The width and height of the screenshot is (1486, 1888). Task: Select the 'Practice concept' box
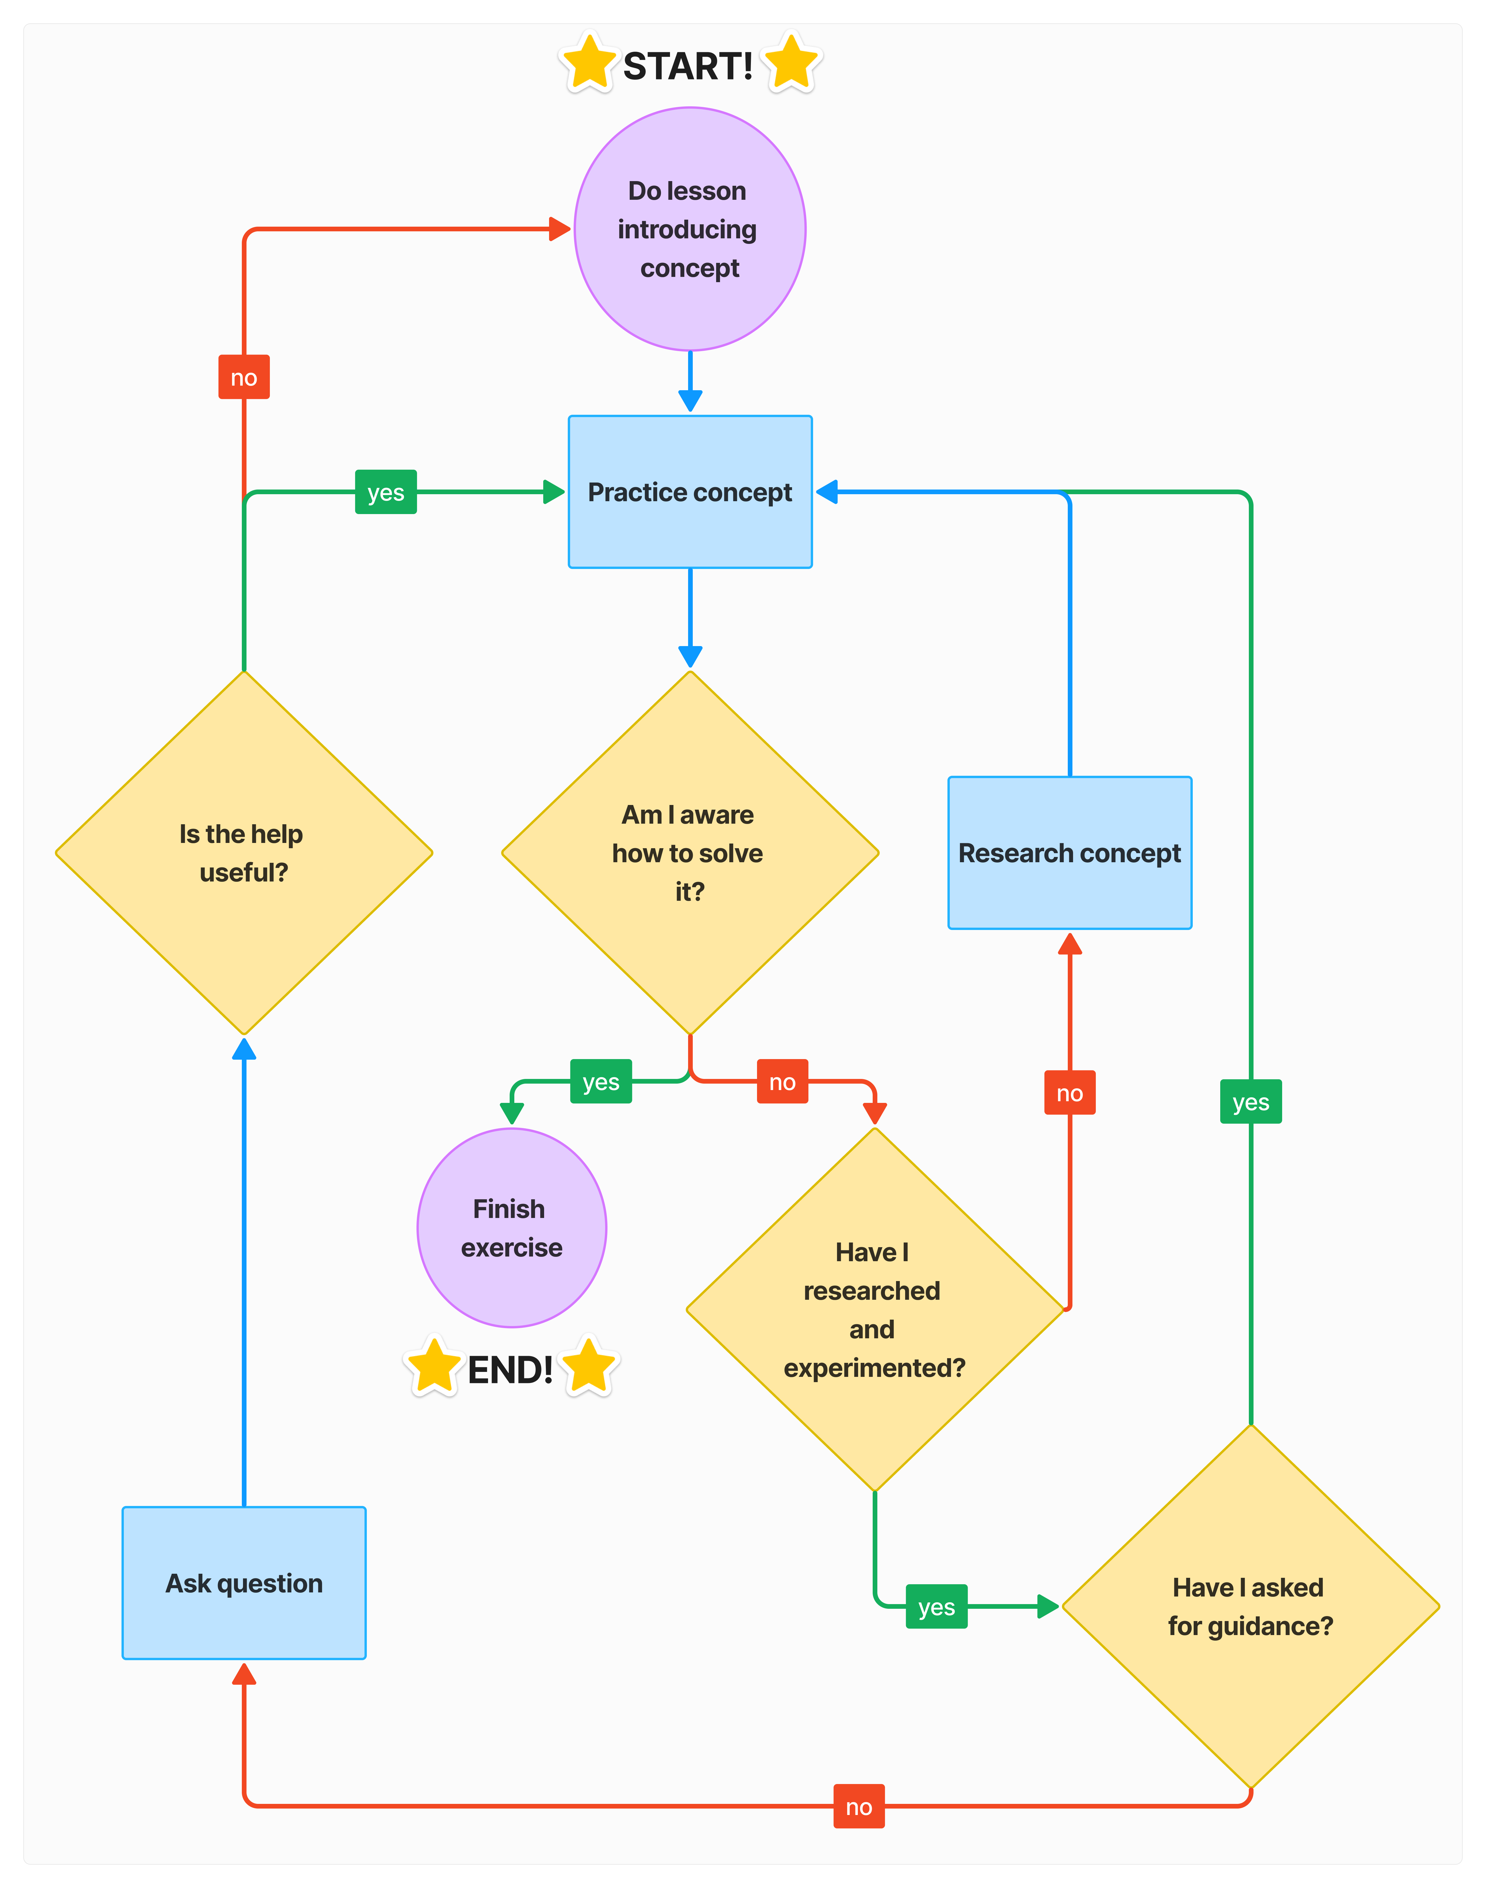(690, 492)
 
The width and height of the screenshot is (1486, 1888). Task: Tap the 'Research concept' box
(1069, 853)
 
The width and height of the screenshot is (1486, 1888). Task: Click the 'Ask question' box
(244, 1582)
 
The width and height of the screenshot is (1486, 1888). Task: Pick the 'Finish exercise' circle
(512, 1228)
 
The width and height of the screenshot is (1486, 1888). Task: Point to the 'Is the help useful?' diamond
(244, 853)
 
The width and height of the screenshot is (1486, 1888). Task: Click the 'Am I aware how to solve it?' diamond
(690, 853)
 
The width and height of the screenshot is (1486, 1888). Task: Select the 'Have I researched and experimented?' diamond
(874, 1309)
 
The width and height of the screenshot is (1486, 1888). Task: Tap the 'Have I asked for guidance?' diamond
(1250, 1606)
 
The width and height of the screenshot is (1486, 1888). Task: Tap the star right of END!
(589, 1366)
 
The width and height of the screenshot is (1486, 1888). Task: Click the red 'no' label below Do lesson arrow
(244, 377)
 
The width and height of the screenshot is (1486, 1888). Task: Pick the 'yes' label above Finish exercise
(600, 1082)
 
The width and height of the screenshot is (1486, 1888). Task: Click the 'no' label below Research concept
(1069, 1093)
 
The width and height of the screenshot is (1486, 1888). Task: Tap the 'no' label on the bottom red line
(859, 1806)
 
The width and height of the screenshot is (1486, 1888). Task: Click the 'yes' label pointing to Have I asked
(936, 1606)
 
